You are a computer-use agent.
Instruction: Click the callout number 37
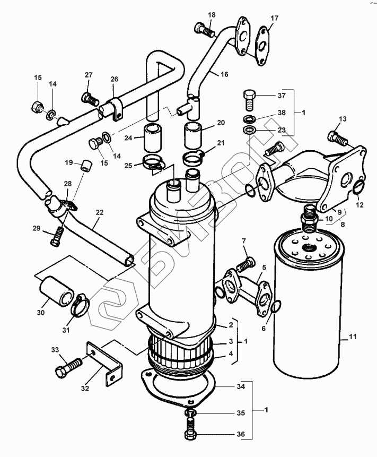pyautogui.click(x=281, y=96)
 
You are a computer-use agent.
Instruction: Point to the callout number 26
pyautogui.click(x=115, y=80)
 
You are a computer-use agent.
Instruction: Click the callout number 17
pyautogui.click(x=274, y=18)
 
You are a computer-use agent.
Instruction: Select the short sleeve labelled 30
pyautogui.click(x=57, y=291)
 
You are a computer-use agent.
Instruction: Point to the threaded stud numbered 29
pyautogui.click(x=58, y=236)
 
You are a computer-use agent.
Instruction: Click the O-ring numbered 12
pyautogui.click(x=357, y=187)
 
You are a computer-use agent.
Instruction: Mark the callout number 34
pyautogui.click(x=241, y=387)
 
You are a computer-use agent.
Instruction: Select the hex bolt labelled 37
pyautogui.click(x=251, y=98)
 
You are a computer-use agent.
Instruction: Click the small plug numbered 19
pyautogui.click(x=85, y=166)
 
